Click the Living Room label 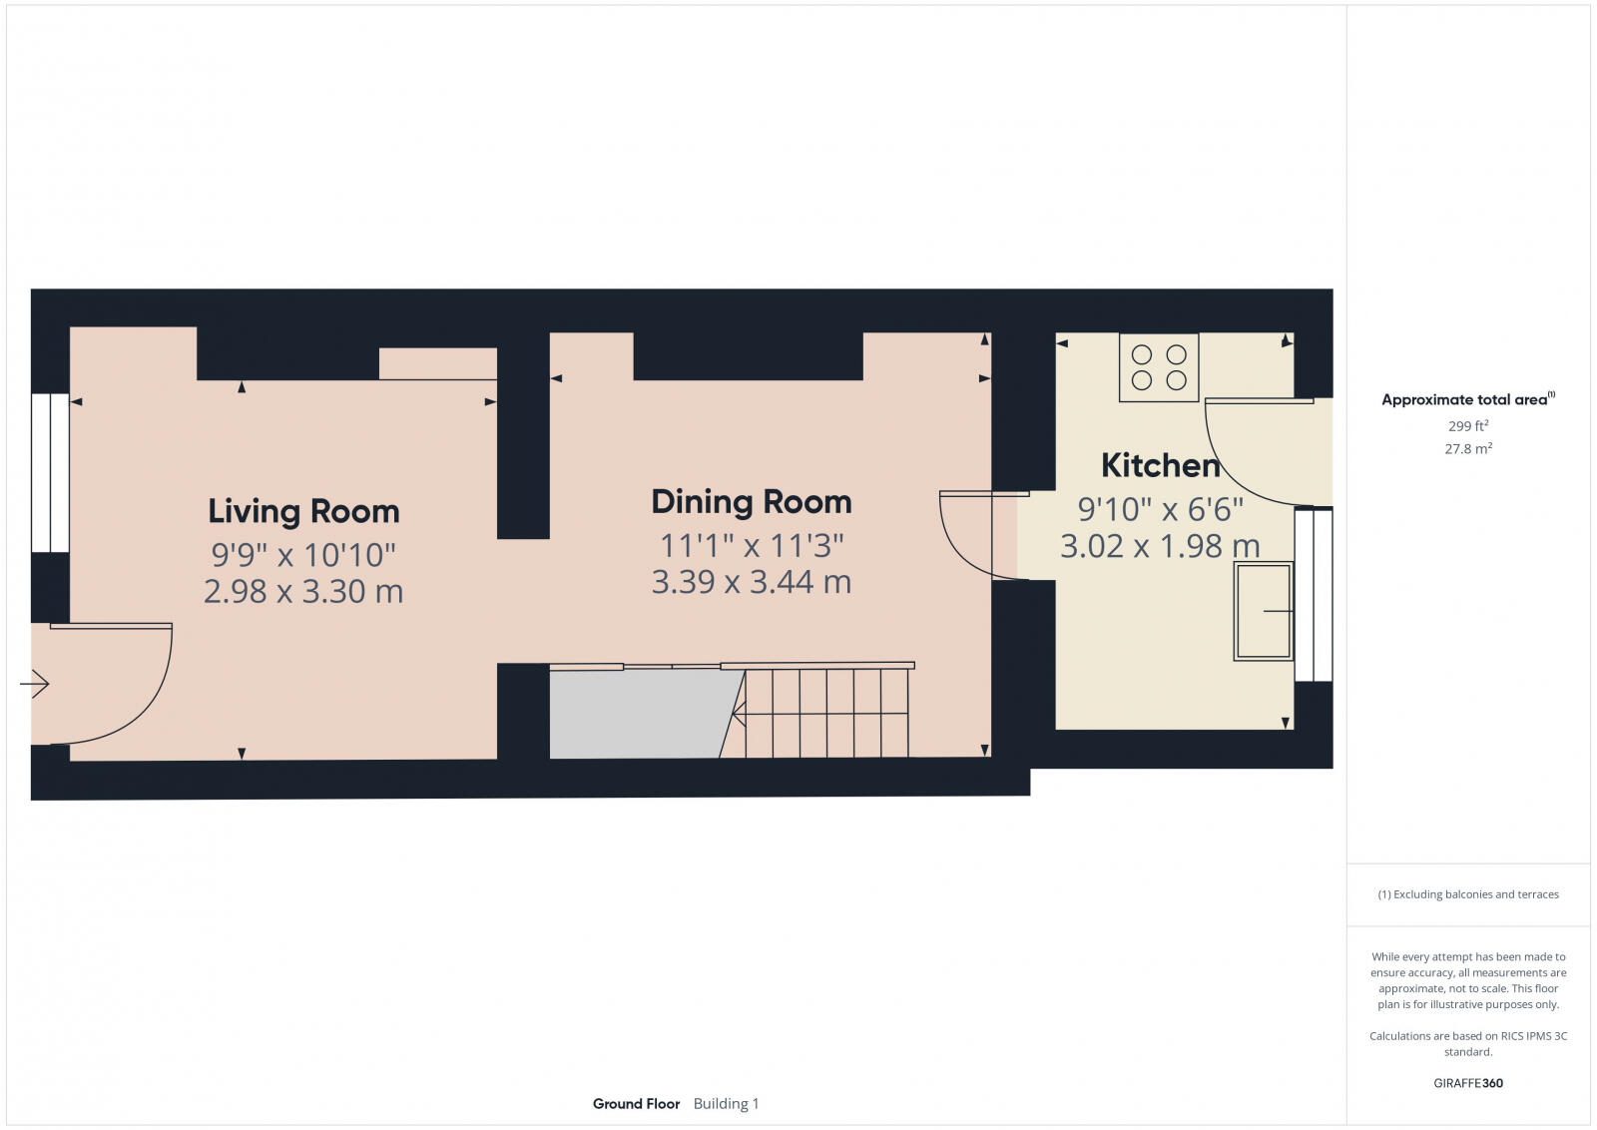click(303, 511)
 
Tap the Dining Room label click(751, 501)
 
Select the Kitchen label click(1160, 465)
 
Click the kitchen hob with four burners click(1159, 367)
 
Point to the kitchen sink click(1264, 611)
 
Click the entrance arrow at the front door click(35, 684)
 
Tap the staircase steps click(826, 713)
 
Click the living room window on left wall click(50, 473)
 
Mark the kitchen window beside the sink click(1314, 595)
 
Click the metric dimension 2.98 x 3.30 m click(303, 591)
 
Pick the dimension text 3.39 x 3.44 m click(751, 581)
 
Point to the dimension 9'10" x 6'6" click(1160, 509)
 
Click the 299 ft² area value click(1468, 425)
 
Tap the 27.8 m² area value click(1468, 449)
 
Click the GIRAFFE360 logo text click(1468, 1083)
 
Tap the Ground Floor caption click(636, 1103)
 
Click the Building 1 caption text click(726, 1103)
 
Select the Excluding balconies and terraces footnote click(1468, 894)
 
